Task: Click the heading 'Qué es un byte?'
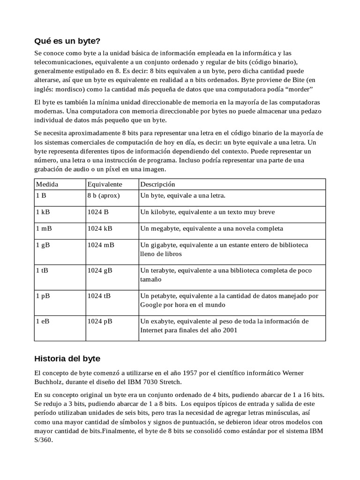coord(67,41)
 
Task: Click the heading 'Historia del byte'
coord(67,359)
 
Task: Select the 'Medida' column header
coord(47,184)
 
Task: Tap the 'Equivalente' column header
coord(105,184)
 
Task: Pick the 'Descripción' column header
coord(157,184)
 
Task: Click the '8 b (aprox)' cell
coord(104,195)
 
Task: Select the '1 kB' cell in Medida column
coord(43,212)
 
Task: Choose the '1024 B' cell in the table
coord(98,212)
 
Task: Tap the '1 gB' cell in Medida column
coord(43,245)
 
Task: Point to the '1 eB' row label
coord(43,322)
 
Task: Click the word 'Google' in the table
coord(151,305)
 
